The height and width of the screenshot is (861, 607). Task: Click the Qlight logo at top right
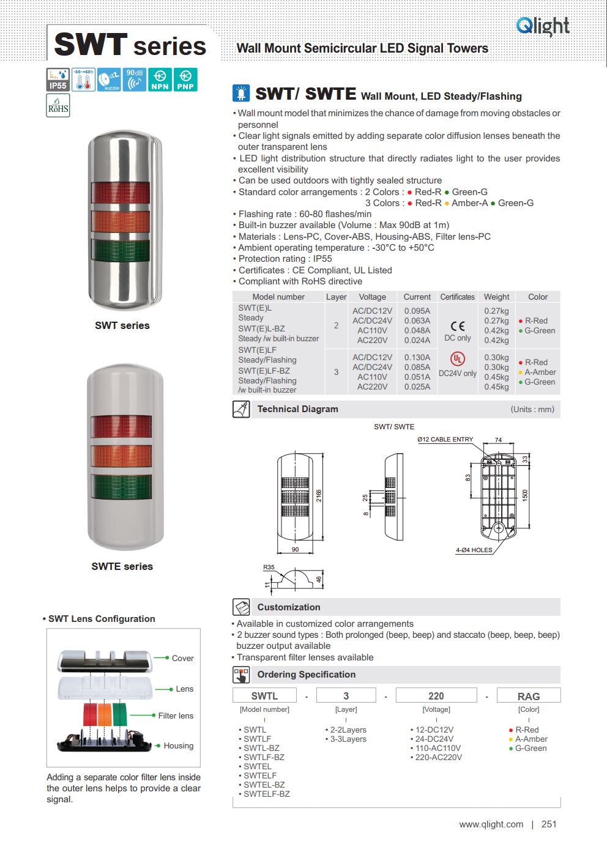543,26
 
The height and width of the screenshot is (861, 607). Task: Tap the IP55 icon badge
58,79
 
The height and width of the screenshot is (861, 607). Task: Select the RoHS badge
58,106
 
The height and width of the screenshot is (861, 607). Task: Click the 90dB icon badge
135,79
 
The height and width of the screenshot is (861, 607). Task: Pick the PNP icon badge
185,79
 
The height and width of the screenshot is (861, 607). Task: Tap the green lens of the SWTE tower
122,486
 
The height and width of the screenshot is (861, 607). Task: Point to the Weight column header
496,297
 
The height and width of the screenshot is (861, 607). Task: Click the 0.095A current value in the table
417,311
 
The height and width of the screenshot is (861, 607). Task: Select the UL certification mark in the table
458,359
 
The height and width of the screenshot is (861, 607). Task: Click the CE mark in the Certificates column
458,326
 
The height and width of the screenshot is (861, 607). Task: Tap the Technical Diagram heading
297,409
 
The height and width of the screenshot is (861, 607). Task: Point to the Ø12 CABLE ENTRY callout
445,440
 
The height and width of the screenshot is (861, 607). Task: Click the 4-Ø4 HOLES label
474,550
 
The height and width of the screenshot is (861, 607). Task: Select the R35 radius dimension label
269,567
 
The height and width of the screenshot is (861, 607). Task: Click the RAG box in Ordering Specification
529,696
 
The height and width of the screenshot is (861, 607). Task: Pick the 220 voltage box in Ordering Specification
436,696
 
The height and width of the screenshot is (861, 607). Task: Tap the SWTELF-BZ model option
267,794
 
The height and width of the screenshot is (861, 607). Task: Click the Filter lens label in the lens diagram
176,715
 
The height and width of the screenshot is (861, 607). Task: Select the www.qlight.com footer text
491,824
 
